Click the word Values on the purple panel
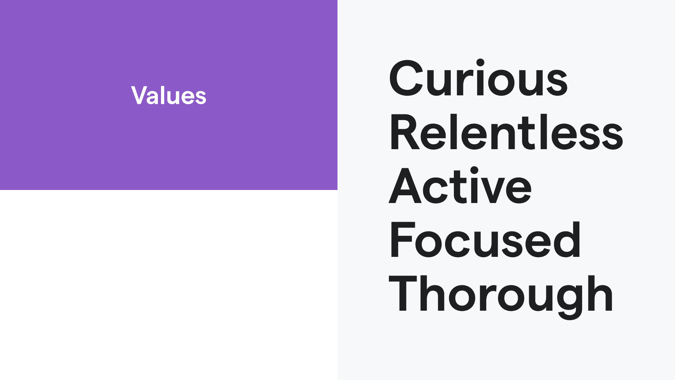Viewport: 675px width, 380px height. tap(169, 95)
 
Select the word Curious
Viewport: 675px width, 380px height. tap(478, 78)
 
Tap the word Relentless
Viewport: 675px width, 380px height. tap(506, 132)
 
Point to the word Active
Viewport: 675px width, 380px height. tap(460, 185)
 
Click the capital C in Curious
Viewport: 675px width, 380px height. tap(406, 78)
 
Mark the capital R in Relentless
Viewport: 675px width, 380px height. tap(405, 132)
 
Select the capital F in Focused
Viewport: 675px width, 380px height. tap(403, 240)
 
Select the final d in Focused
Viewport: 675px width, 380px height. tap(566, 240)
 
